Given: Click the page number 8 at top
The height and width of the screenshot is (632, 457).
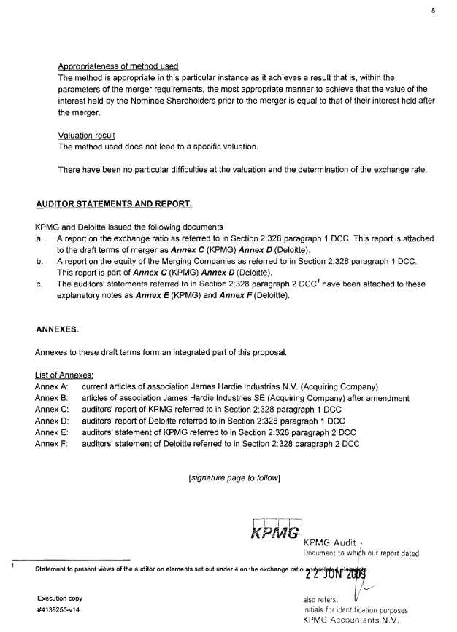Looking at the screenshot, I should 433,11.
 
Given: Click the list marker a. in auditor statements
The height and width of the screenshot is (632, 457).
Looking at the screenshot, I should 39,238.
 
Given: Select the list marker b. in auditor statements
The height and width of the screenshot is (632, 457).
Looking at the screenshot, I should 39,260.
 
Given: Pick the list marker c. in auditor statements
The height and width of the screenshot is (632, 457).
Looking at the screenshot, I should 39,283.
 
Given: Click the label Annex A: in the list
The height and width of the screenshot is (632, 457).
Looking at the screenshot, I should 51,386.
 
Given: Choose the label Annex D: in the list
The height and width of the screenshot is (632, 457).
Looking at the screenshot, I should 51,421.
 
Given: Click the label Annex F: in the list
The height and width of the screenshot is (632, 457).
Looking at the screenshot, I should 51,443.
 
